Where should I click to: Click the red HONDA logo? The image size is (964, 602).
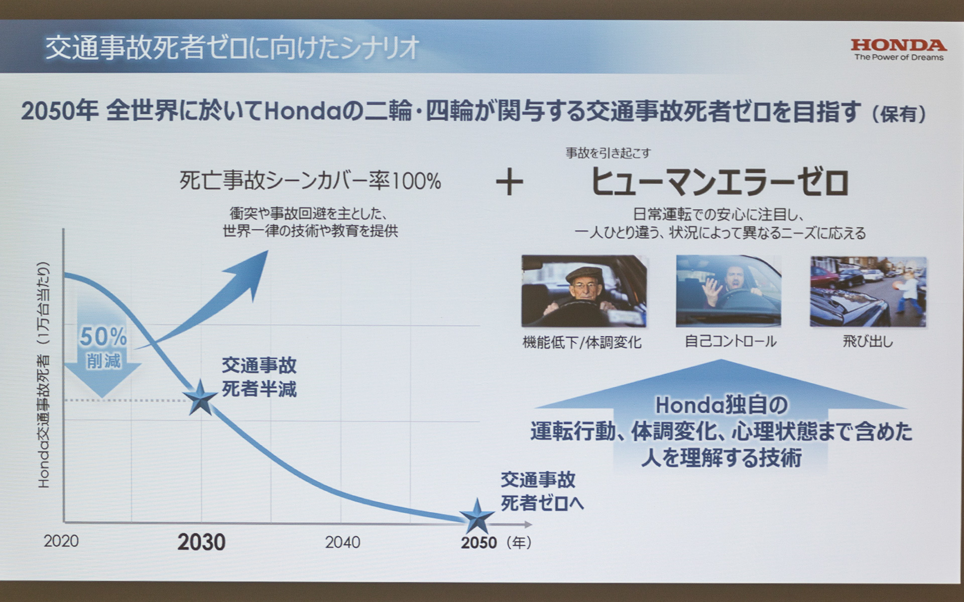point(898,45)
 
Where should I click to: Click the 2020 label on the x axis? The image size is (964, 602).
point(61,541)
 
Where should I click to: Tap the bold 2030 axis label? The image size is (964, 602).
point(201,542)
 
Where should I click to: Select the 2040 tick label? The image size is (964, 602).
point(342,542)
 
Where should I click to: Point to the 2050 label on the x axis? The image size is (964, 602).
point(478,543)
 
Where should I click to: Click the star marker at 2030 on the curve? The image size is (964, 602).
point(200,398)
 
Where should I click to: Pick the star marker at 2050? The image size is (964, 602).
point(476,517)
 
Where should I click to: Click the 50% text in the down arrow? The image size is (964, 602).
point(103,337)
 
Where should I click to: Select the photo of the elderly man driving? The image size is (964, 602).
point(584,291)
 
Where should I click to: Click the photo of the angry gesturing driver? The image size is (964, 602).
point(728,291)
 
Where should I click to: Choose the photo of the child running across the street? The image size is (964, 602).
point(868,291)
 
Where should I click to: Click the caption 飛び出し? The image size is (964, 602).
point(868,342)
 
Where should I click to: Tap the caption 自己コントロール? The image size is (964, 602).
point(731,342)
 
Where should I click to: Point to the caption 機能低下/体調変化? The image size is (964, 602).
point(582,343)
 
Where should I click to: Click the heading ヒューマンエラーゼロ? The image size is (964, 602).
point(719,182)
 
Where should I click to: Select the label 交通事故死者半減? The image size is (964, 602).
point(259,377)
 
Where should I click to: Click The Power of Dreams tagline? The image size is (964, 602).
point(899,58)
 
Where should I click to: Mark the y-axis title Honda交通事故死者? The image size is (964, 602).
point(44,376)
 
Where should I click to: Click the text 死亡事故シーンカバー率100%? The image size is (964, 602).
point(310,181)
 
